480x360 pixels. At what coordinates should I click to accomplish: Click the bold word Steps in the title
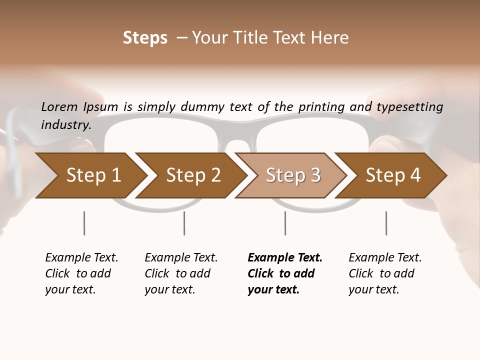(145, 38)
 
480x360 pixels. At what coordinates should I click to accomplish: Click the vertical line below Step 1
(84, 223)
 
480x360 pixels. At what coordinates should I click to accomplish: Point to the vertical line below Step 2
(184, 223)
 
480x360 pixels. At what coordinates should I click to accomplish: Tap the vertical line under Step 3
(285, 223)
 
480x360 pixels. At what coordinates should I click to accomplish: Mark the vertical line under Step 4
(386, 223)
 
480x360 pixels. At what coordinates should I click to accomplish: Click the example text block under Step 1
(81, 273)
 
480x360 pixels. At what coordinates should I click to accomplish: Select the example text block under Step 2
(181, 273)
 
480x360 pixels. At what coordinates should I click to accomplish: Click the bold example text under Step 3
(285, 273)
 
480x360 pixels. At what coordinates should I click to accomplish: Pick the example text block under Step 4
(385, 273)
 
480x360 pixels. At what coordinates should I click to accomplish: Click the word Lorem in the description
(59, 107)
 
